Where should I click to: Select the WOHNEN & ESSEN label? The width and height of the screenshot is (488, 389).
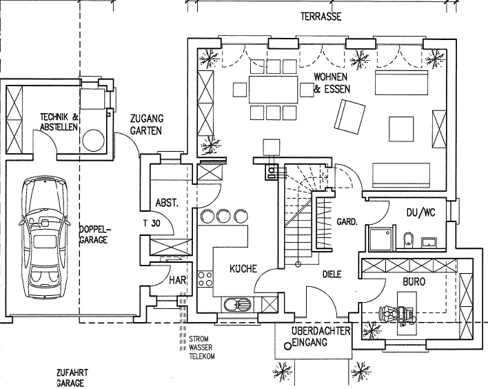click(332, 83)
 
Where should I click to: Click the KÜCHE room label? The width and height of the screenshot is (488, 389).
click(244, 268)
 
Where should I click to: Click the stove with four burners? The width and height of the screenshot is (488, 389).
click(205, 278)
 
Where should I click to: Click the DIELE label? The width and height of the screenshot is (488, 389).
click(332, 274)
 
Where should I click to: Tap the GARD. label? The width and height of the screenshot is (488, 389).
click(346, 222)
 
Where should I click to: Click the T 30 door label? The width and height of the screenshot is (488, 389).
click(151, 223)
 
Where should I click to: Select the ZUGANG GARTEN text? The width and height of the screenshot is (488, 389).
click(146, 124)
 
